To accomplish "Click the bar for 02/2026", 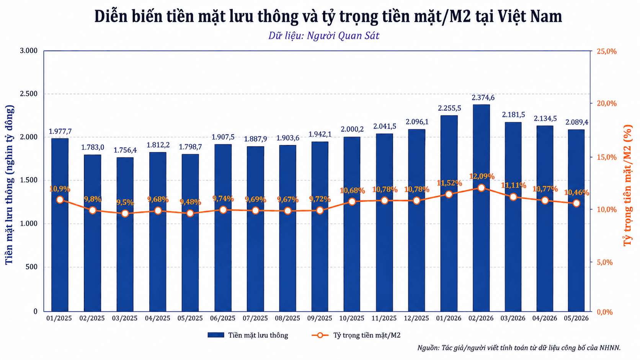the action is click(x=481, y=208).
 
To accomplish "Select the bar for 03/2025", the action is click(x=125, y=235).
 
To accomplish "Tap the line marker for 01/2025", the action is click(x=60, y=200).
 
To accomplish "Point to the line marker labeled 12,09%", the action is click(x=481, y=188).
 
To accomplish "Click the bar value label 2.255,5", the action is click(x=449, y=108).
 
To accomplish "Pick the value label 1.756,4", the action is click(x=125, y=150).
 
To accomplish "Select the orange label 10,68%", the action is click(x=352, y=191).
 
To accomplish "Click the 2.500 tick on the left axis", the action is click(x=29, y=94).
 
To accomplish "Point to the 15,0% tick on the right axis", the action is click(x=607, y=157).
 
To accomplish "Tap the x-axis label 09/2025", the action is click(x=320, y=318).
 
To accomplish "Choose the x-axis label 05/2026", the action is click(x=576, y=318).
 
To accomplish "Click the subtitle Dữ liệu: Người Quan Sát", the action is click(x=324, y=36).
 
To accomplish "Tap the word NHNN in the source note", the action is click(x=609, y=348).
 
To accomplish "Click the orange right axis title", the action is click(x=628, y=186).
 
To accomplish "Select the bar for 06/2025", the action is click(x=223, y=228).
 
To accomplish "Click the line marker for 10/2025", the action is click(x=352, y=202).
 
